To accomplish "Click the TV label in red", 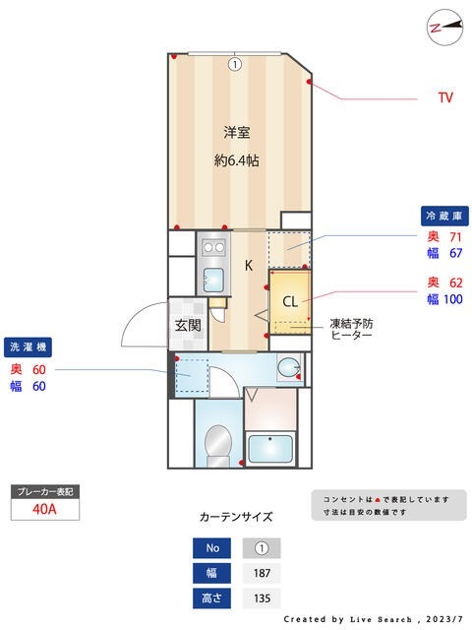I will (x=445, y=97).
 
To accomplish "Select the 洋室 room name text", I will (x=236, y=132).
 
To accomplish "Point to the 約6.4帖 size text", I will (x=236, y=159).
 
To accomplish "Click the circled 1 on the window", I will (x=234, y=65).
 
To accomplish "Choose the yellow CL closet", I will (x=290, y=301).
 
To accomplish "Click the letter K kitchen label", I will (x=249, y=265).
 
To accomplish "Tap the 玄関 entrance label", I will (x=188, y=324).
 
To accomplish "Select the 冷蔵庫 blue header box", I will (x=443, y=216).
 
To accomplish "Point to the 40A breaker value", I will (x=44, y=509).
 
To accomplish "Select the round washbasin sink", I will (x=288, y=368).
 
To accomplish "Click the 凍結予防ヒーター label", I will (x=351, y=329).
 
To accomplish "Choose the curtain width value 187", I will (x=261, y=573).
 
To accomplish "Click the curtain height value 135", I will (x=261, y=598).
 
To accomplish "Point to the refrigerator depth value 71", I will (x=455, y=236).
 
